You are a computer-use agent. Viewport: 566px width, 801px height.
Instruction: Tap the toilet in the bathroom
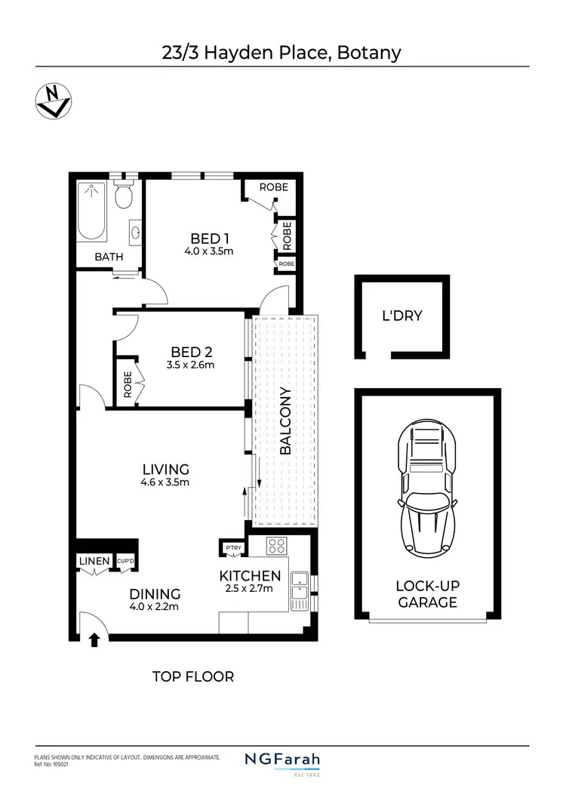pos(125,197)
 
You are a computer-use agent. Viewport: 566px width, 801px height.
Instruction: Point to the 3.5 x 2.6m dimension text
pos(191,365)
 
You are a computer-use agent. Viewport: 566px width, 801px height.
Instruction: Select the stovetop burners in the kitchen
pos(276,545)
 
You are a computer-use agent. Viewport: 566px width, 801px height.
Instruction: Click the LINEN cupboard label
pos(93,561)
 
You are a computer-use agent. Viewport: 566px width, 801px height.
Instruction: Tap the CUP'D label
pos(125,561)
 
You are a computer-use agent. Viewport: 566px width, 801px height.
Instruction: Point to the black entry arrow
pos(94,640)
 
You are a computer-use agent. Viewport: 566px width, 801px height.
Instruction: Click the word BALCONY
pos(285,421)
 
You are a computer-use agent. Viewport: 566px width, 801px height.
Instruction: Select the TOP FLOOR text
pos(193,676)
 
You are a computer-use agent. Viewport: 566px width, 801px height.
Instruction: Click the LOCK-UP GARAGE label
pos(427,594)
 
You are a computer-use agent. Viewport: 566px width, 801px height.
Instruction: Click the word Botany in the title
pos(369,53)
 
